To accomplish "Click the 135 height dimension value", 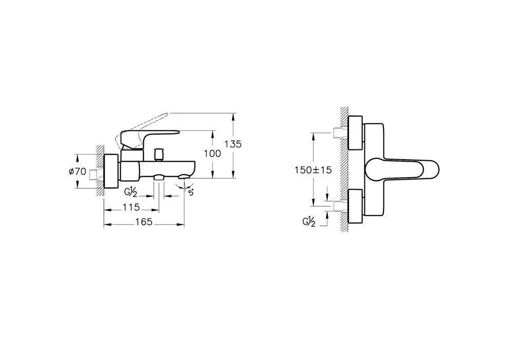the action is (233, 144).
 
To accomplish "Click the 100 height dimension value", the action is (212, 154).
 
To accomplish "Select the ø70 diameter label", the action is (78, 172).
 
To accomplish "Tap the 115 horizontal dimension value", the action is (131, 207).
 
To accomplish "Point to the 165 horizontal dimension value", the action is (144, 222).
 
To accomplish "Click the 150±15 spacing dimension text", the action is (313, 170).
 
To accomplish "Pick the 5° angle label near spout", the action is (191, 192).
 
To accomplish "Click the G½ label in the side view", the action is (131, 192).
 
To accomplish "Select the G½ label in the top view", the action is (309, 222).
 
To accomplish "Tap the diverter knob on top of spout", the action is (159, 154).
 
